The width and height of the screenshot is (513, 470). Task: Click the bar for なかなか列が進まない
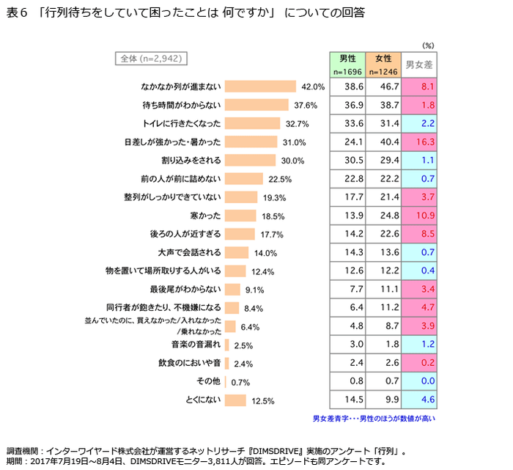[259, 87]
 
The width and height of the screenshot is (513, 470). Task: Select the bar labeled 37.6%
[256, 105]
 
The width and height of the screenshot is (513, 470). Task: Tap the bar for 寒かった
[240, 216]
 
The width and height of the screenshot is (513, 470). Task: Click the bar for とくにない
[235, 400]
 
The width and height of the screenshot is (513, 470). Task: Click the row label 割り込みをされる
[191, 161]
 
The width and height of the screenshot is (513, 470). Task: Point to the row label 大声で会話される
[191, 253]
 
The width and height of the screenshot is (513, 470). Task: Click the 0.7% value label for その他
[241, 383]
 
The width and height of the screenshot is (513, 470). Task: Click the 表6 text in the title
[16, 13]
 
